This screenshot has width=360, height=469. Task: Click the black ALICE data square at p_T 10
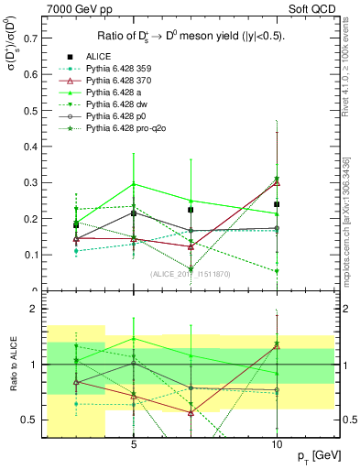tap(277, 204)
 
